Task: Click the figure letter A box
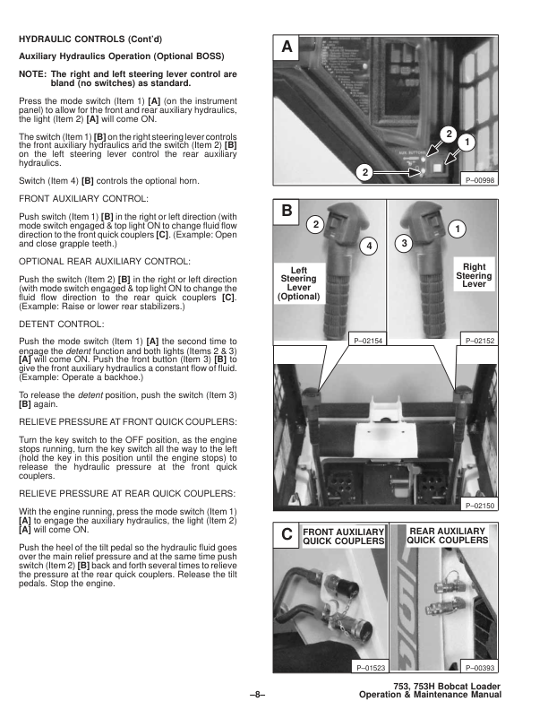[x=286, y=46]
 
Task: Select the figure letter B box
[x=286, y=212]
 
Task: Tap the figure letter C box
[x=286, y=535]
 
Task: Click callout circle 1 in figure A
[x=466, y=142]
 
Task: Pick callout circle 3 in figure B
[x=404, y=243]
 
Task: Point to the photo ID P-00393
[x=481, y=668]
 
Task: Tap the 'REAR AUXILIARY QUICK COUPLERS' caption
[x=448, y=536]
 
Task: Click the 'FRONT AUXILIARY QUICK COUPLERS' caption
[x=344, y=536]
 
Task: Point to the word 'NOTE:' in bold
[x=32, y=74]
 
